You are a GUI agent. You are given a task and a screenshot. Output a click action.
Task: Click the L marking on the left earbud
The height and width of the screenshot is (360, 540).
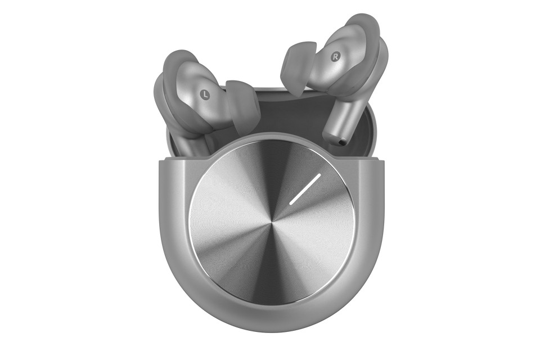(x=205, y=94)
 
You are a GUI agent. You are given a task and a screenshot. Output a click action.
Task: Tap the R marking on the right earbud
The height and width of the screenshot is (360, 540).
(x=335, y=57)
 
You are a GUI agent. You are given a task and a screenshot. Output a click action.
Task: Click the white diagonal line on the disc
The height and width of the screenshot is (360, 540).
(x=305, y=189)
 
